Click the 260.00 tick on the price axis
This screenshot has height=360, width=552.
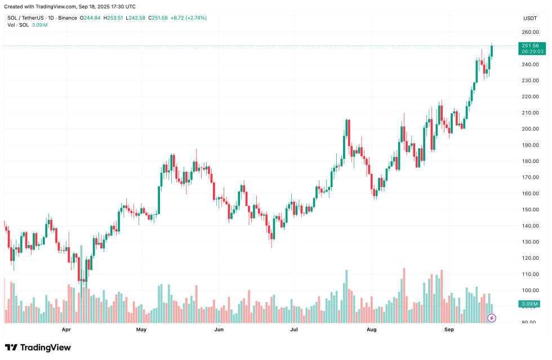pyautogui.click(x=530, y=32)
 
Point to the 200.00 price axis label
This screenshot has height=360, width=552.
pyautogui.click(x=530, y=129)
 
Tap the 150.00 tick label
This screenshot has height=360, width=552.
pyautogui.click(x=530, y=210)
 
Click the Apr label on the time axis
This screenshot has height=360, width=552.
pyautogui.click(x=66, y=329)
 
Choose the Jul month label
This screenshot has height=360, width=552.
pyautogui.click(x=293, y=329)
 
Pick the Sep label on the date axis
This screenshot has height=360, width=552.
pyautogui.click(x=449, y=329)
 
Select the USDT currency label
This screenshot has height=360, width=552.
pyautogui.click(x=530, y=18)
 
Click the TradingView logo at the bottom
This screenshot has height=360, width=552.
pyautogui.click(x=38, y=348)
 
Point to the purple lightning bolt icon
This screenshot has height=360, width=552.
pyautogui.click(x=491, y=318)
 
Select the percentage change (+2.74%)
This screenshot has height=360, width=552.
pyautogui.click(x=195, y=18)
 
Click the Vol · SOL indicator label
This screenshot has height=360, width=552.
pyautogui.click(x=18, y=25)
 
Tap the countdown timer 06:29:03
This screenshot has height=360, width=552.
pyautogui.click(x=532, y=51)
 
